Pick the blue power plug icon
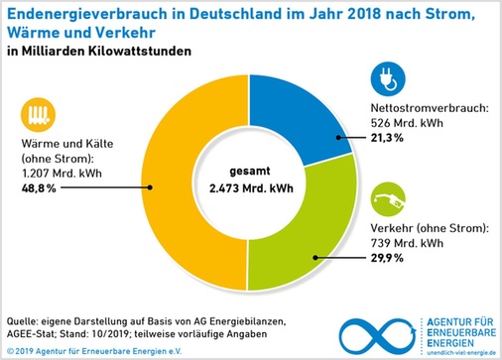pos(382,78)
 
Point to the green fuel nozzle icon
pos(384,199)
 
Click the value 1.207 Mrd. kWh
pos(58,173)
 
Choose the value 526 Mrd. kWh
pos(408,123)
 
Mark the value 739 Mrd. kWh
pos(409,244)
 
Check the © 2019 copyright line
pos(89,350)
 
